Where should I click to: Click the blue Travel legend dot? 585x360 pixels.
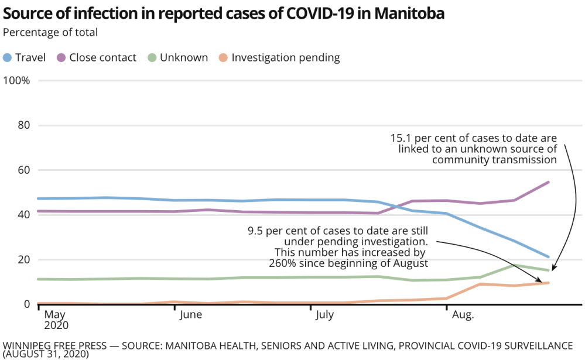point(8,57)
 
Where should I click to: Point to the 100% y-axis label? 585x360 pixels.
point(17,80)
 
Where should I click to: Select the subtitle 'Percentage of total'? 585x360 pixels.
point(51,33)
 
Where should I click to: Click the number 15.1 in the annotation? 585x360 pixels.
point(401,138)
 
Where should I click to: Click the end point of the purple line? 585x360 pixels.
point(548,182)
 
